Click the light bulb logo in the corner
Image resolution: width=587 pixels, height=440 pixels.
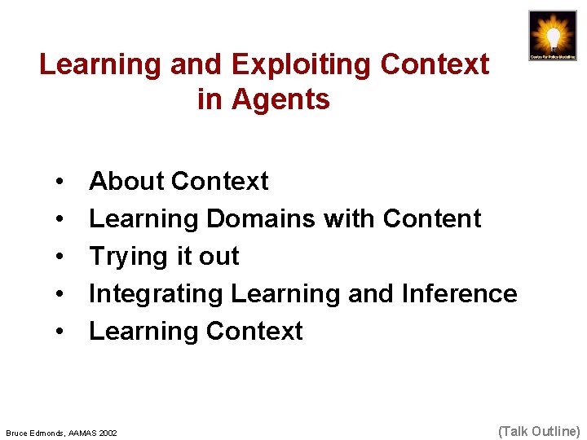(x=552, y=35)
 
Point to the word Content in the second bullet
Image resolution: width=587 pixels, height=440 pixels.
(x=431, y=218)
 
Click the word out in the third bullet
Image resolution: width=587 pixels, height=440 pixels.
(x=218, y=257)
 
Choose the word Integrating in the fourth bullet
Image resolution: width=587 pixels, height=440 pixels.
(x=156, y=294)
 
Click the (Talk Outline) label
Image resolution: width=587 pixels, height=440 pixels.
(x=538, y=430)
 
